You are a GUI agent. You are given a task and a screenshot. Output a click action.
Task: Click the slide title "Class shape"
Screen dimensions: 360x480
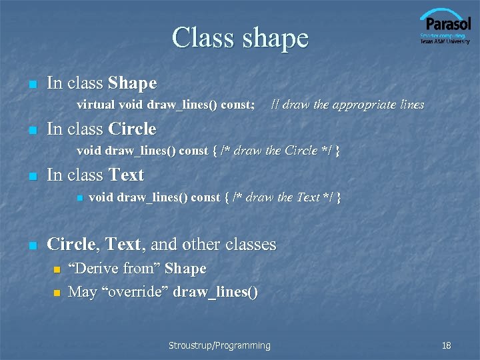tap(240, 38)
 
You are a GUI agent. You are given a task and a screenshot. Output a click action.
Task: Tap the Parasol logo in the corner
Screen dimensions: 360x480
tap(445, 23)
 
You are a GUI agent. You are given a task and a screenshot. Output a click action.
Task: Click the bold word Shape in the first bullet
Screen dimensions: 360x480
tap(132, 83)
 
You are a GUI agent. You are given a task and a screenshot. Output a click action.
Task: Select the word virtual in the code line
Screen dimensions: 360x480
tap(95, 105)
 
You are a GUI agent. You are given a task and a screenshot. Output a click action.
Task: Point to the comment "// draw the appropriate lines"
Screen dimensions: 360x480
tap(347, 105)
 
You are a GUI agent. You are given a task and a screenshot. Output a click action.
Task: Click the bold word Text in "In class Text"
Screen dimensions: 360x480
tap(126, 175)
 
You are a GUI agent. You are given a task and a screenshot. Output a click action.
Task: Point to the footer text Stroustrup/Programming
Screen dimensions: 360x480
tap(219, 345)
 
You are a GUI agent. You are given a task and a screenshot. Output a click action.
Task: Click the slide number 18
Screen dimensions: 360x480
tap(446, 345)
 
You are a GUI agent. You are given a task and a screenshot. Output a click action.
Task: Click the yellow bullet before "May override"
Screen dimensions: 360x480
tap(57, 293)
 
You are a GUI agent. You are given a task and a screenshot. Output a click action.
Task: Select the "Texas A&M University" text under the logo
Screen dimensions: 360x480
tap(445, 41)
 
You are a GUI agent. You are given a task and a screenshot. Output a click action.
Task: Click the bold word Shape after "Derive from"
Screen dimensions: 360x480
tap(185, 269)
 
